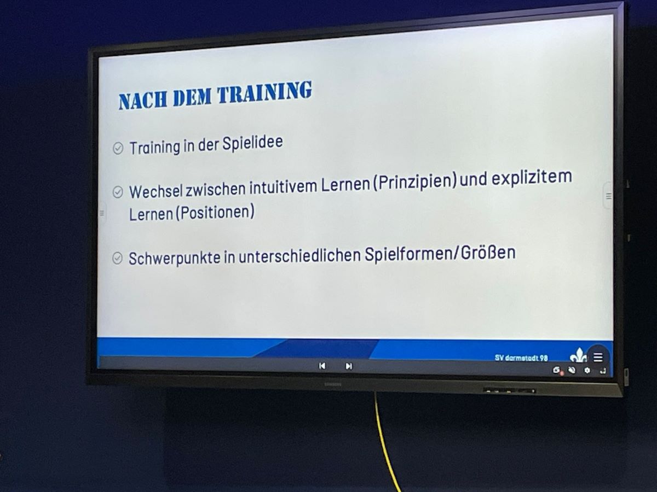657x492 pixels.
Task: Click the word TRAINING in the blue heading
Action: (264, 92)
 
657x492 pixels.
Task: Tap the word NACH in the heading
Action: (143, 100)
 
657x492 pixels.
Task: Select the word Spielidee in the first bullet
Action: (252, 143)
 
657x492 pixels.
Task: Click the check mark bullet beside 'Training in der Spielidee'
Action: (118, 148)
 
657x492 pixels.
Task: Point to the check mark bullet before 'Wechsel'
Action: (118, 192)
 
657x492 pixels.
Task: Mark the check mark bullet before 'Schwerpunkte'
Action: (117, 258)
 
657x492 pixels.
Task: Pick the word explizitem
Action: (532, 178)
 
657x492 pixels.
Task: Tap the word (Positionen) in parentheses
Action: (215, 213)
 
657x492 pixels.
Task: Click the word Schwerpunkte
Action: (175, 259)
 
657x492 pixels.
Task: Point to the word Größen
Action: (488, 253)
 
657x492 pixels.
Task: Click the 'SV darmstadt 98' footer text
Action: (521, 358)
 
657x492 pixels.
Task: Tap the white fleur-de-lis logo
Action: (578, 355)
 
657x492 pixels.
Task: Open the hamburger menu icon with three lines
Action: (598, 357)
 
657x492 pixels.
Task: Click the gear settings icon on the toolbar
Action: (587, 371)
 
